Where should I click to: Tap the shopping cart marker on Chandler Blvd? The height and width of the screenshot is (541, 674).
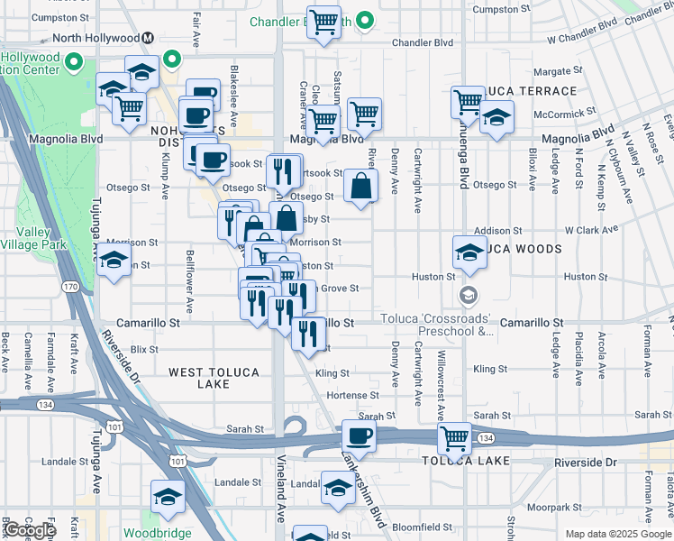324,22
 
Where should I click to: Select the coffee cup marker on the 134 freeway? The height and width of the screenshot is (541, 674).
360,438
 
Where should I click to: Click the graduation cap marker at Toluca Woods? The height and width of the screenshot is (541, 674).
469,253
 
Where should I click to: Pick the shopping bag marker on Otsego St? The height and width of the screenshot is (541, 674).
360,188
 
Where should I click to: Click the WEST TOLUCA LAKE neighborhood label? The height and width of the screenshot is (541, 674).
214,378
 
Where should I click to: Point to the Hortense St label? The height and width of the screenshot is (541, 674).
352,395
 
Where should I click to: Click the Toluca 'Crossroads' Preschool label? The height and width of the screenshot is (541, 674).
437,325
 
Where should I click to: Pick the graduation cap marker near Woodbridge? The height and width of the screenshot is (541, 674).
168,498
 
